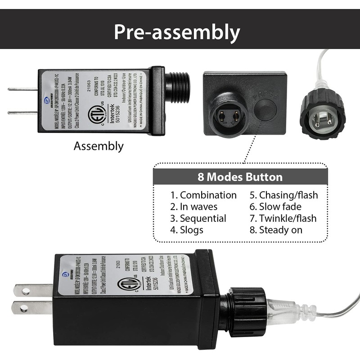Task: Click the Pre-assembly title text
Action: coord(176,32)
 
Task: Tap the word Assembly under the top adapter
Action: coord(99,146)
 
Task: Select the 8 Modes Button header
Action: coord(240,177)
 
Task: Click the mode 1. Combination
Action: coord(203,195)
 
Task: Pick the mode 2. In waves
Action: coord(193,207)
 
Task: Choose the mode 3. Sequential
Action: coord(198,218)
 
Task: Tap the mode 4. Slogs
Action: coord(187,230)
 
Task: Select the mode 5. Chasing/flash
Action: coord(283,195)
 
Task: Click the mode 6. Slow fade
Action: coord(275,207)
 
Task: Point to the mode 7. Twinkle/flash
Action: coord(283,218)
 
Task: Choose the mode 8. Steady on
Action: coord(276,230)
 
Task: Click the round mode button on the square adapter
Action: coord(265,110)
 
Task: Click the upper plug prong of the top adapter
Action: coord(22,89)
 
